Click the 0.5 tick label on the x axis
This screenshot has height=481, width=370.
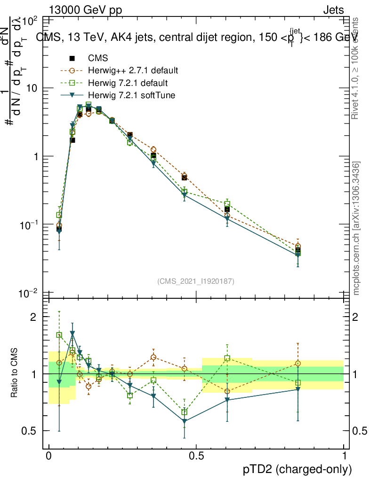tap(196, 456)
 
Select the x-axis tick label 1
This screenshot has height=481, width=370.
tap(344, 456)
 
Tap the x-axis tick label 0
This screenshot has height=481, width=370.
tap(49, 456)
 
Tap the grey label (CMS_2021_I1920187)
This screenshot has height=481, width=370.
tap(196, 281)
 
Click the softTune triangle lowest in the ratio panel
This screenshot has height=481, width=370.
tap(185, 421)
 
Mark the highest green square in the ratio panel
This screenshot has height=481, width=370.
tap(59, 335)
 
